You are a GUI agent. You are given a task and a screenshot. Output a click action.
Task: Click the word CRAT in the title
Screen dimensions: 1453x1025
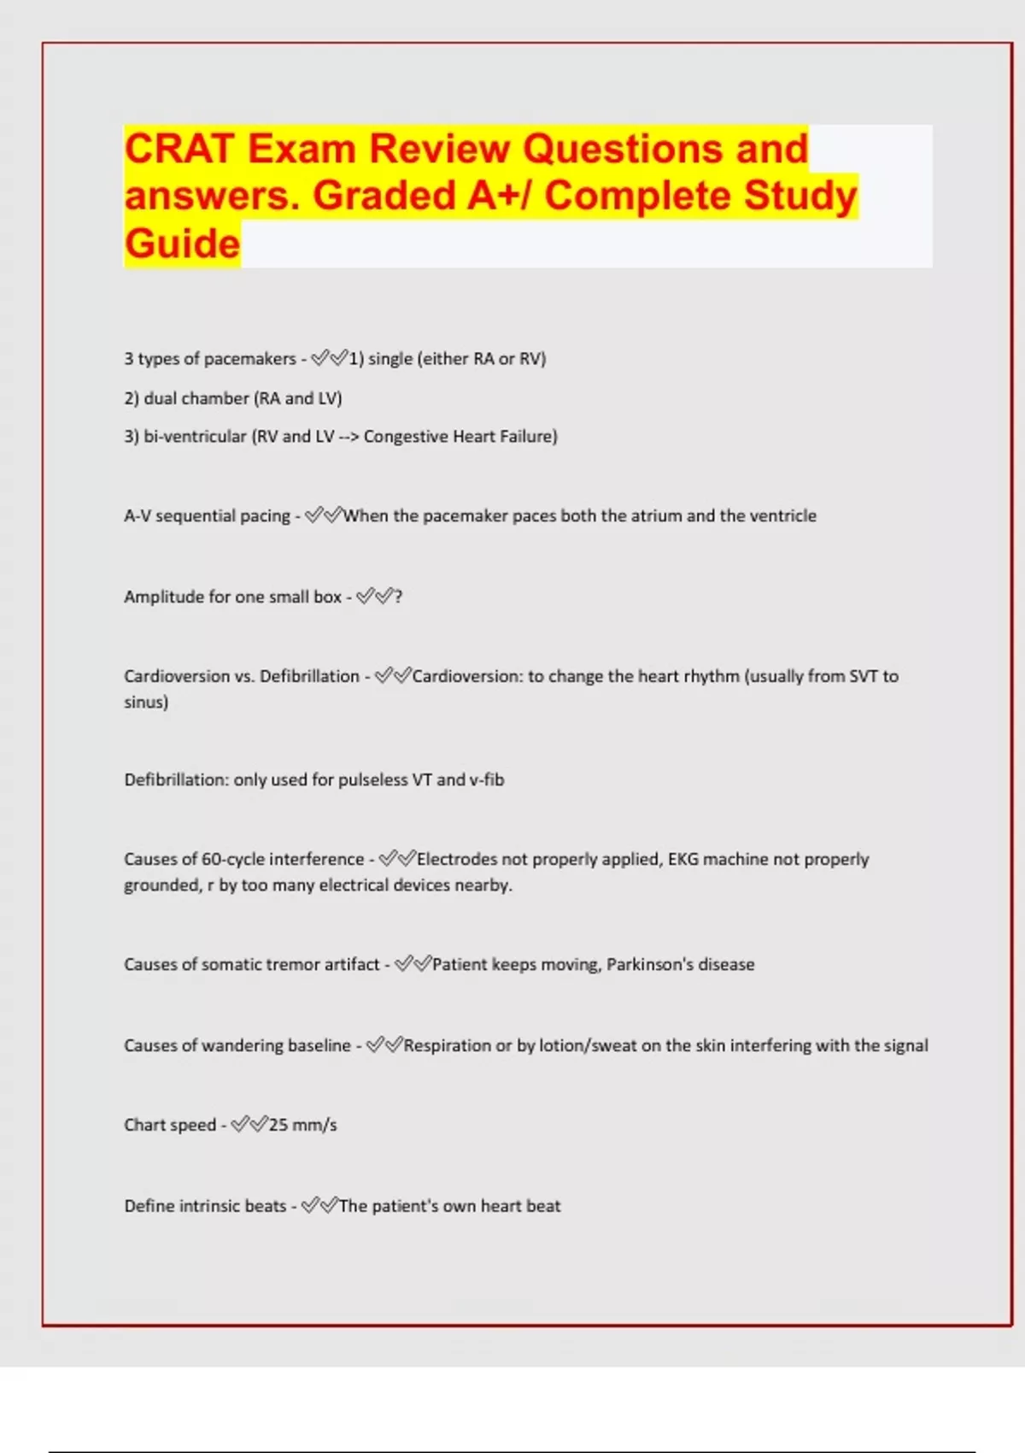point(179,149)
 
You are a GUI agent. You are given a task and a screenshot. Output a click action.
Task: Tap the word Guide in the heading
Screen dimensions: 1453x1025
point(182,244)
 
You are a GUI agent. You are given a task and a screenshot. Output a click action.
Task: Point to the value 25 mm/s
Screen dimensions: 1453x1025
point(303,1125)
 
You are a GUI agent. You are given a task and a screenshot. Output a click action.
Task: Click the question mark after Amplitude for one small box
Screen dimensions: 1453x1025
point(398,597)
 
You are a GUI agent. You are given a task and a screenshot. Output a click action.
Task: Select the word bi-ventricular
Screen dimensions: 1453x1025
point(195,436)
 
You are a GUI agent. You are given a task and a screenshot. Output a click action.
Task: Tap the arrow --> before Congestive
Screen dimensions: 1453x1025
point(348,436)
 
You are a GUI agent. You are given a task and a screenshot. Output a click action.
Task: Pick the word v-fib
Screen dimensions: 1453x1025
point(486,779)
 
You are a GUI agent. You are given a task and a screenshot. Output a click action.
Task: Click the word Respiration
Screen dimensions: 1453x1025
point(447,1045)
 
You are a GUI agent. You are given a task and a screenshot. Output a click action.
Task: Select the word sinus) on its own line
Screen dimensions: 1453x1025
point(146,703)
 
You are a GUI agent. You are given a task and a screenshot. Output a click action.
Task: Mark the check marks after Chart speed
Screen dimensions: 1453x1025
point(249,1125)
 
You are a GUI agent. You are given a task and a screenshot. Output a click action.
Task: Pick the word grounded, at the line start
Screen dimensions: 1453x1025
point(162,885)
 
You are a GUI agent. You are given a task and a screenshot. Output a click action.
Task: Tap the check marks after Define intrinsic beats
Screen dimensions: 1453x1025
point(320,1206)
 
